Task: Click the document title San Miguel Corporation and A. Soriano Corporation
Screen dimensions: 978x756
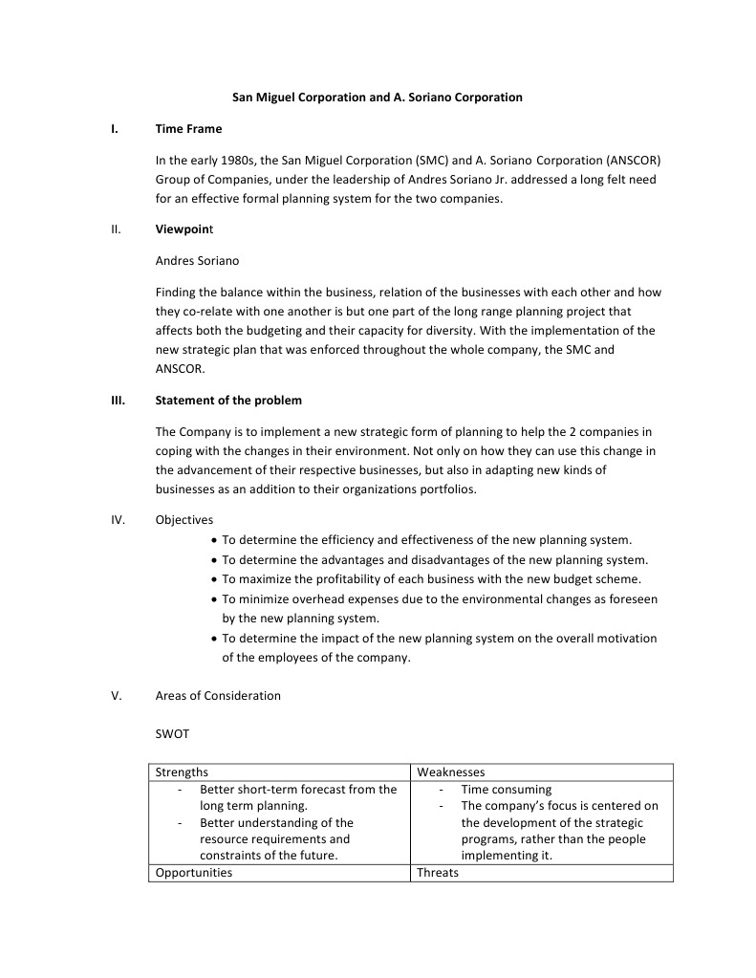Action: (x=378, y=97)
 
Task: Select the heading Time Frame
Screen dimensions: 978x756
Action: (x=188, y=128)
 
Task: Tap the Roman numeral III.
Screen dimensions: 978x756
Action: (x=118, y=400)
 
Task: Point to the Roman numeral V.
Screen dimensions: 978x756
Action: (x=117, y=695)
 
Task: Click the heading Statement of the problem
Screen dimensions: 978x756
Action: (x=228, y=400)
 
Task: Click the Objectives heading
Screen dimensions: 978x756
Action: (x=184, y=519)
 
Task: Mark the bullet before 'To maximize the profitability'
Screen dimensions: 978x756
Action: (x=213, y=579)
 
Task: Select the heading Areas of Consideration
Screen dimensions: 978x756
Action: (x=218, y=695)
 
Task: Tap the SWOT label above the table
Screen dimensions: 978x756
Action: (x=172, y=733)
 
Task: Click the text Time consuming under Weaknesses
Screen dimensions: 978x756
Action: (x=507, y=789)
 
